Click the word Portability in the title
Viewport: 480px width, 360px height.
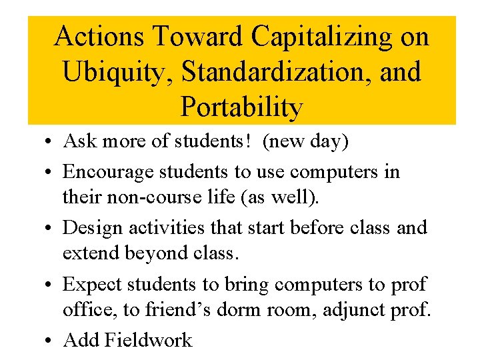point(241,107)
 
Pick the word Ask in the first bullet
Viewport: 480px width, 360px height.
point(79,141)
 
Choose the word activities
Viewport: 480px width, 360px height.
point(167,227)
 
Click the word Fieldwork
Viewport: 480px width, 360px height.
point(148,340)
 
